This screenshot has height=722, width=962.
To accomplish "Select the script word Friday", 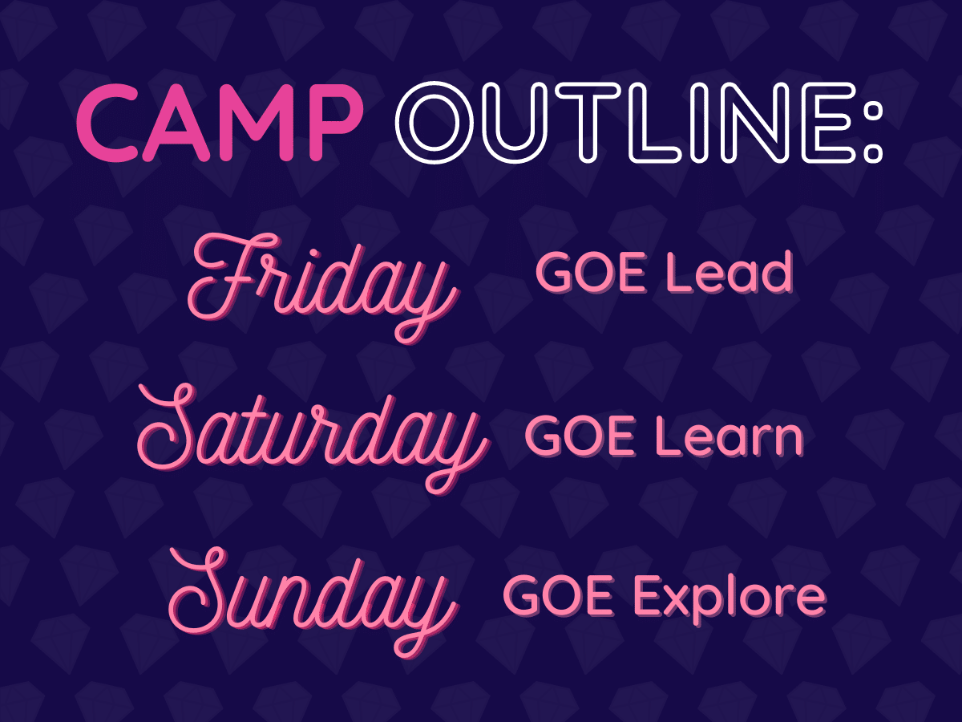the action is pos(323,287).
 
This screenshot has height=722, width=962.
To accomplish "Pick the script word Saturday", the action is pos(313,439).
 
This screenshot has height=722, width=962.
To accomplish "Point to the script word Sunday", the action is pos(313,602).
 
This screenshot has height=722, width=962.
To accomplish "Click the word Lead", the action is pos(730,272).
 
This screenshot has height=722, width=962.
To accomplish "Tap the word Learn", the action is pos(730,436).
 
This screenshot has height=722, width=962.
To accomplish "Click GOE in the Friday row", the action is pos(591,274).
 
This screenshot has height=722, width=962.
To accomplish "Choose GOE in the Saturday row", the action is pos(580,437).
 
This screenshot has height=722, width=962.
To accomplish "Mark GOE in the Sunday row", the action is pos(558,597).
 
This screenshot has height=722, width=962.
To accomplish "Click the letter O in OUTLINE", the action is pos(435,122).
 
